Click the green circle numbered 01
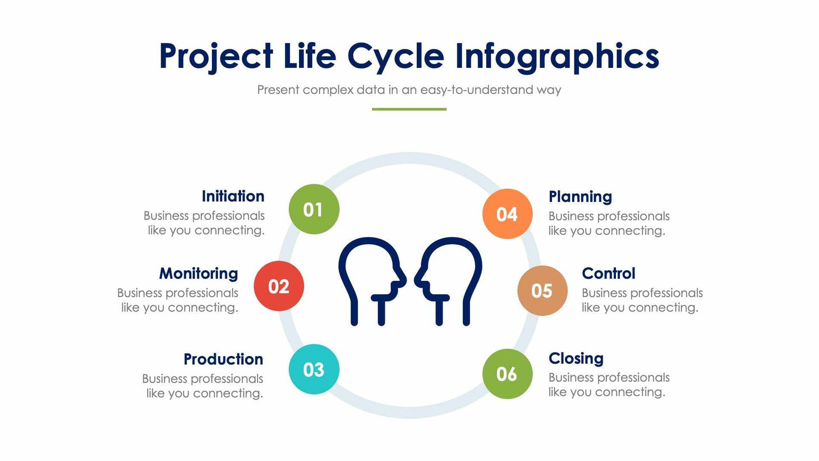pyautogui.click(x=314, y=209)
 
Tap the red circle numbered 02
pyautogui.click(x=279, y=286)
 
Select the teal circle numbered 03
pyautogui.click(x=314, y=369)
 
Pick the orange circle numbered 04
pyautogui.click(x=507, y=214)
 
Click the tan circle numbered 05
pyautogui.click(x=542, y=290)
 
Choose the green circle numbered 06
pyautogui.click(x=507, y=373)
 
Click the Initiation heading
pyautogui.click(x=233, y=196)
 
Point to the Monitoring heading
pyautogui.click(x=199, y=273)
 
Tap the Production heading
pyautogui.click(x=223, y=359)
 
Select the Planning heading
pyautogui.click(x=580, y=197)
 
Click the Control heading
pyautogui.click(x=608, y=273)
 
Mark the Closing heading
pyautogui.click(x=576, y=358)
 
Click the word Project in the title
pyautogui.click(x=215, y=57)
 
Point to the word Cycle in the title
pyautogui.click(x=395, y=57)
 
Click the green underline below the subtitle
pyautogui.click(x=409, y=109)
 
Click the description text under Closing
pyautogui.click(x=608, y=385)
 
